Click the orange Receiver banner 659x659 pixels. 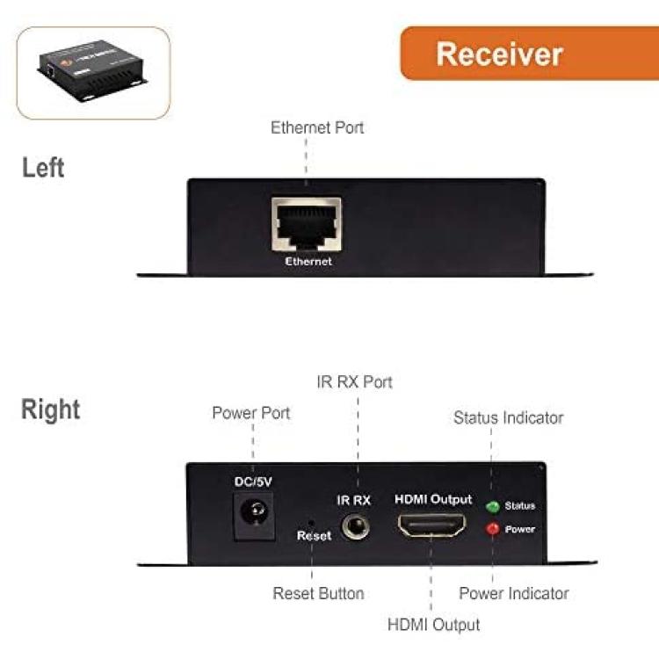(530, 54)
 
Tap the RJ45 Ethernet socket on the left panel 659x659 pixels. (307, 224)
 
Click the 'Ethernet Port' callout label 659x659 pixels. (317, 127)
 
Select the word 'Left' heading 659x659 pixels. (43, 168)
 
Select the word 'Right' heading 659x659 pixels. (50, 409)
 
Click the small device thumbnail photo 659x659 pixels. (93, 72)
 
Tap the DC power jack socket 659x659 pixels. (254, 516)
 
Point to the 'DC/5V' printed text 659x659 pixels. (253, 482)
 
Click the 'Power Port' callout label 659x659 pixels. (251, 413)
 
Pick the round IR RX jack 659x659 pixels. (356, 526)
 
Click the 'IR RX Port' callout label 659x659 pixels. (355, 382)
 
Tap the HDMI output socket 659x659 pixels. (432, 525)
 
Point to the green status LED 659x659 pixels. (493, 506)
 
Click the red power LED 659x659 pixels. (493, 529)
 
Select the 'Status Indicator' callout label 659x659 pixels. (509, 417)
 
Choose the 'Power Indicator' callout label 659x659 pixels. (514, 593)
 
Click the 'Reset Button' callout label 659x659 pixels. (318, 593)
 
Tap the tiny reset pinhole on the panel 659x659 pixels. (311, 523)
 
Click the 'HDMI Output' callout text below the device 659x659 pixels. (433, 625)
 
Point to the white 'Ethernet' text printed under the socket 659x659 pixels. (308, 262)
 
